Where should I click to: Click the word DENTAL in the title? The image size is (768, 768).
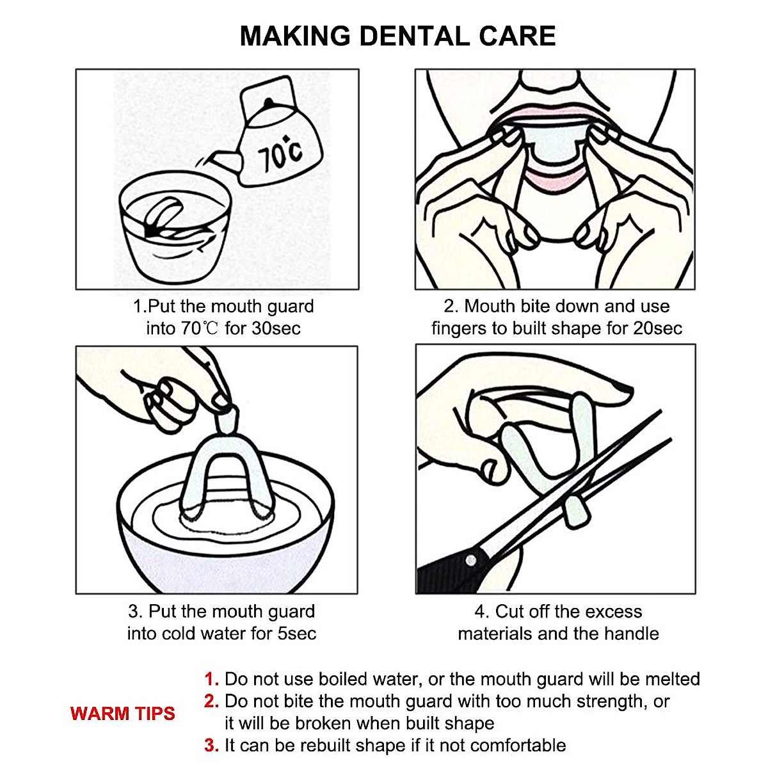coord(415,36)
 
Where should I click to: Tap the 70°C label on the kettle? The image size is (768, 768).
coord(280,154)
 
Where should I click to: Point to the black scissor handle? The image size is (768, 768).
coord(451,574)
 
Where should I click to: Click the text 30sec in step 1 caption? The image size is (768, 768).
coord(276,328)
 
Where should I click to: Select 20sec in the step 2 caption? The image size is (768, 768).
coord(657,328)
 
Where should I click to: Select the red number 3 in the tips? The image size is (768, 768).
coord(211,746)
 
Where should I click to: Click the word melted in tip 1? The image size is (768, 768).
coord(673,679)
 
